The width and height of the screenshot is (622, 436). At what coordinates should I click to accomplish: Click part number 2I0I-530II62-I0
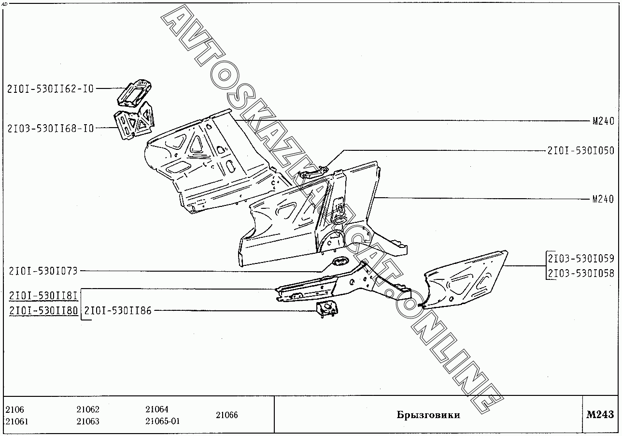(x=50, y=88)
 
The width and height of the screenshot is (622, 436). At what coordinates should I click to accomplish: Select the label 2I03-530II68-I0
(x=50, y=128)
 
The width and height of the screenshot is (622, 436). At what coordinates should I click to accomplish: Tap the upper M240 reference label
(x=603, y=121)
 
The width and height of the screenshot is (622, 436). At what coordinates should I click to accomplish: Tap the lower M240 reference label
(x=603, y=199)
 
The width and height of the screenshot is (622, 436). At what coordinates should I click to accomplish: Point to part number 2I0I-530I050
(x=580, y=151)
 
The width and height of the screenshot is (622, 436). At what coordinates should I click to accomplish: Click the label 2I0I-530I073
(x=43, y=271)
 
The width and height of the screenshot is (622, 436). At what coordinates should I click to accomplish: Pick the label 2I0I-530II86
(x=118, y=311)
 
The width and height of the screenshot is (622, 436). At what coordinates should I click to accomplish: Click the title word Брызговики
(x=428, y=415)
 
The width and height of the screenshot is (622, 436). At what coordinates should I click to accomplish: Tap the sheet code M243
(x=600, y=414)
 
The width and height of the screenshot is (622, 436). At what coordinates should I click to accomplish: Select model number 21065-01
(x=162, y=421)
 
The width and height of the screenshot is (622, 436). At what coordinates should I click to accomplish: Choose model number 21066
(x=226, y=415)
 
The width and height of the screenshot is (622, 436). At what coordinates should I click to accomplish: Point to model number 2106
(x=14, y=409)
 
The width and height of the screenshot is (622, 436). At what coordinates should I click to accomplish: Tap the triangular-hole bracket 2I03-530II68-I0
(x=134, y=124)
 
